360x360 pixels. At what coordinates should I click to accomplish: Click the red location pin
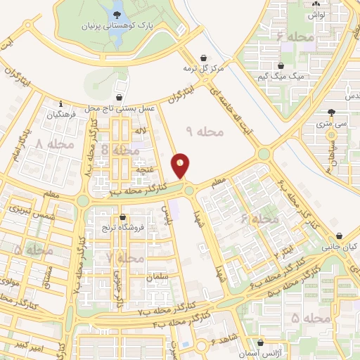coord(181,166)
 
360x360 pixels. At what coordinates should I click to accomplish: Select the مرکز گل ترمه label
coord(202,69)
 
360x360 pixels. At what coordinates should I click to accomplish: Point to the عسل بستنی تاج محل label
coord(120,109)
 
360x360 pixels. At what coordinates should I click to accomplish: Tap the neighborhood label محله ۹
coord(205,131)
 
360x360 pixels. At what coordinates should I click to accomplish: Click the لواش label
coord(317,14)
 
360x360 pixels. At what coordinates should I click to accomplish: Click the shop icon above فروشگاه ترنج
coord(122,218)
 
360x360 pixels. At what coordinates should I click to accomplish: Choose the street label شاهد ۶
coord(223,342)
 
